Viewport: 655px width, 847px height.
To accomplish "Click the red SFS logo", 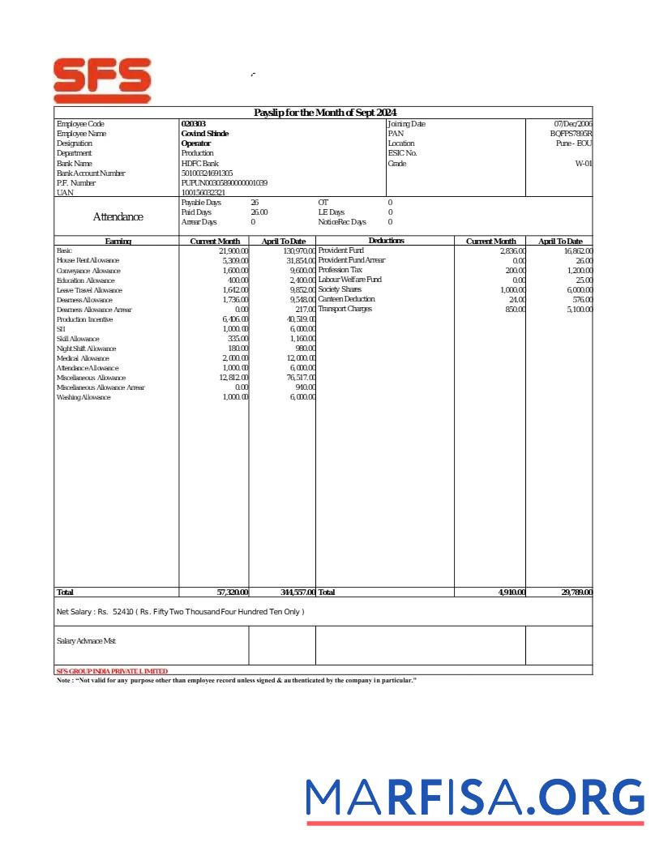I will click(x=102, y=79).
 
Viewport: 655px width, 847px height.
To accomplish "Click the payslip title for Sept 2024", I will click(x=325, y=113).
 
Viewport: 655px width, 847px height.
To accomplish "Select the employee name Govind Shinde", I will click(x=204, y=134).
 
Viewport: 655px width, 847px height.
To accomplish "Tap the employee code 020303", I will click(x=193, y=124).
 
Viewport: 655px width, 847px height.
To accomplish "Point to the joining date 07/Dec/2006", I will click(x=572, y=124).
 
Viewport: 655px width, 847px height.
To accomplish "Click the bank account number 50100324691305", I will click(x=207, y=173).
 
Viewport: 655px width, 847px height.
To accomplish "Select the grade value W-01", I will click(x=583, y=163).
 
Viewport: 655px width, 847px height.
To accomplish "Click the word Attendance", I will click(x=118, y=217).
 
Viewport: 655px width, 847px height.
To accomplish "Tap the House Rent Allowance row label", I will click(x=88, y=261).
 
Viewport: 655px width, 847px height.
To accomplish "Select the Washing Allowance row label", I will click(x=83, y=397).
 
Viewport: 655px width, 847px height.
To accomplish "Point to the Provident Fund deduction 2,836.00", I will click(x=512, y=251).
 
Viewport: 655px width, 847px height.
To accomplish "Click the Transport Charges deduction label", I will click(x=345, y=309).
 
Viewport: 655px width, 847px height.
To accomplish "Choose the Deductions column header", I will click(x=386, y=241).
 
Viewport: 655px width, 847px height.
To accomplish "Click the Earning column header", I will click(x=118, y=242).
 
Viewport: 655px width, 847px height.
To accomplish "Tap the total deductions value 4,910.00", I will click(x=512, y=592).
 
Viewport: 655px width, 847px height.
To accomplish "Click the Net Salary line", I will click(x=180, y=612).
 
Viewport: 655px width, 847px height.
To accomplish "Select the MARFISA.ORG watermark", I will click(x=475, y=798).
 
